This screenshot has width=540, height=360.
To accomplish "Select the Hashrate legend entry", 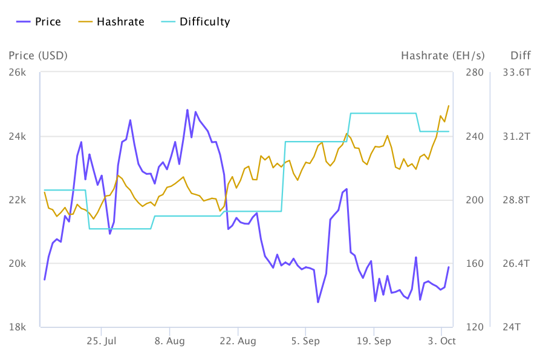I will coord(112,22).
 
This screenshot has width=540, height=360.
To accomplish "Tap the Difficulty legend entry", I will coord(196,22).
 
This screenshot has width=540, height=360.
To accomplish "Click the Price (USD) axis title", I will coord(38,56).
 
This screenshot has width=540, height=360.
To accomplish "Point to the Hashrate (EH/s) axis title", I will coord(443,56).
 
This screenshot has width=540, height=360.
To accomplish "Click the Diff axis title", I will coord(520,56).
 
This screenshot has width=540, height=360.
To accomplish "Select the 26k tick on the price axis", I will coord(18,73).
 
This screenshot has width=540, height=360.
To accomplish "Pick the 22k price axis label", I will coord(18,200).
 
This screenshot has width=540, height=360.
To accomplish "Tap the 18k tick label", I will coord(18,327).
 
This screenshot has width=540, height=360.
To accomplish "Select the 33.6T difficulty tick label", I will coord(517,73).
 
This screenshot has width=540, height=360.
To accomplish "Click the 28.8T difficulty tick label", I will coord(517,200).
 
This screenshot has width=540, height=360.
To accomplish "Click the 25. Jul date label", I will coord(102,341).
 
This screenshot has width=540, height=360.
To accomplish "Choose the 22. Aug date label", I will coord(238,341).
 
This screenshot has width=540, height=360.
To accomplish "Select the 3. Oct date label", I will coord(442,341).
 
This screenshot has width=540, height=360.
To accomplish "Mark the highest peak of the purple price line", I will coord(187,110).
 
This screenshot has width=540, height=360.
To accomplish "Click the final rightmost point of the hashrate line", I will coord(449,105).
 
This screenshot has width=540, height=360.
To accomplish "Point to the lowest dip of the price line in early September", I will coord(318,302).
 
